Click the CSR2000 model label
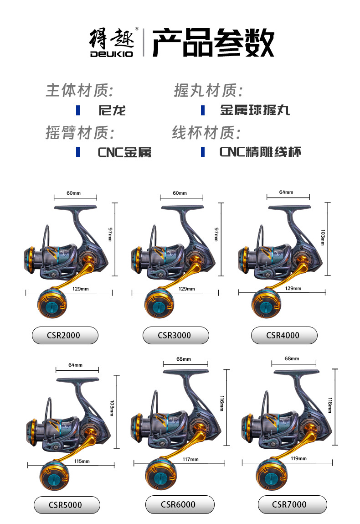pos(65,335)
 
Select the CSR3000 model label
pos(175,335)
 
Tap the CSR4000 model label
pos(284,335)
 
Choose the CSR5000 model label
pos(67,505)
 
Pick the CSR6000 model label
pos(179,504)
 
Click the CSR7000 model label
pos(292,504)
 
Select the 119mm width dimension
pos(299,458)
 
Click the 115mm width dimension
pos(82,461)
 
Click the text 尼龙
pos(112,110)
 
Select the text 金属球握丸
pos(255,110)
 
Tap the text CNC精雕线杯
pos(260,152)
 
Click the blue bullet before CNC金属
pos(78,152)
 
